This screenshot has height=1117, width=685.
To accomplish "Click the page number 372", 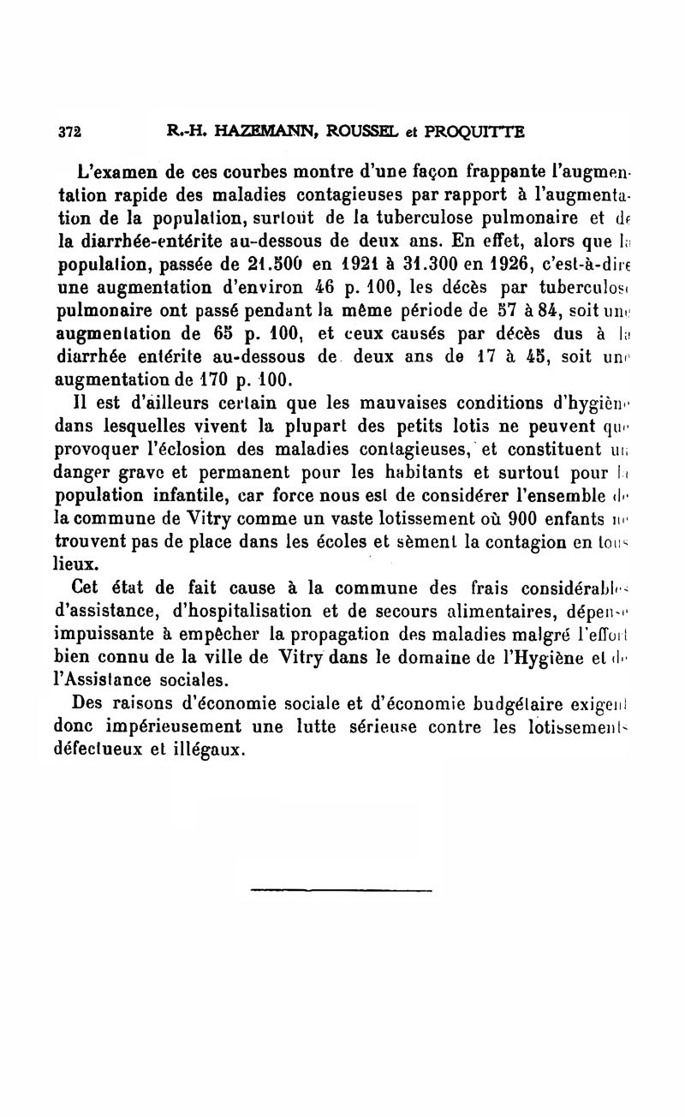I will pyautogui.click(x=68, y=132).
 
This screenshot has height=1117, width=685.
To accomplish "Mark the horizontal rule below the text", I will pyautogui.click(x=342, y=891).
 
